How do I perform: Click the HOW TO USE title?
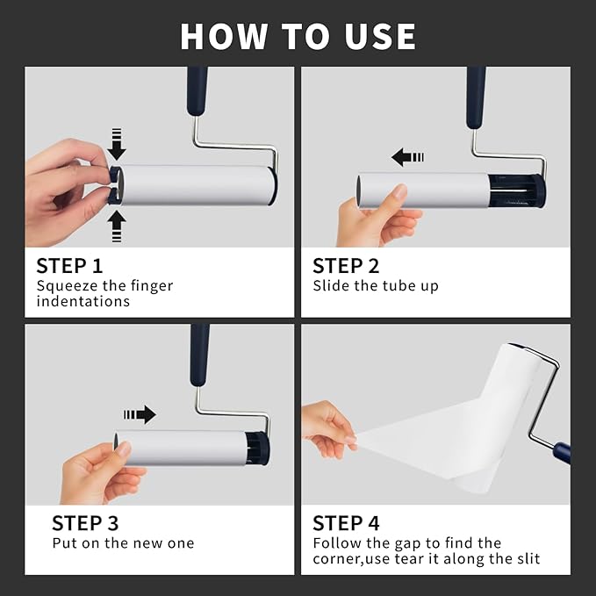coord(298,36)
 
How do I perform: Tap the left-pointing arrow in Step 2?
coord(406,157)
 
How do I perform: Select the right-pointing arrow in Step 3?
coord(140,413)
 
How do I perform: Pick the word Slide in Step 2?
coord(332,285)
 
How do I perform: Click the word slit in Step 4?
coord(525,559)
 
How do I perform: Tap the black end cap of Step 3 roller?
coord(257,448)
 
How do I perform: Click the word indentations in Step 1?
coord(83,301)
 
